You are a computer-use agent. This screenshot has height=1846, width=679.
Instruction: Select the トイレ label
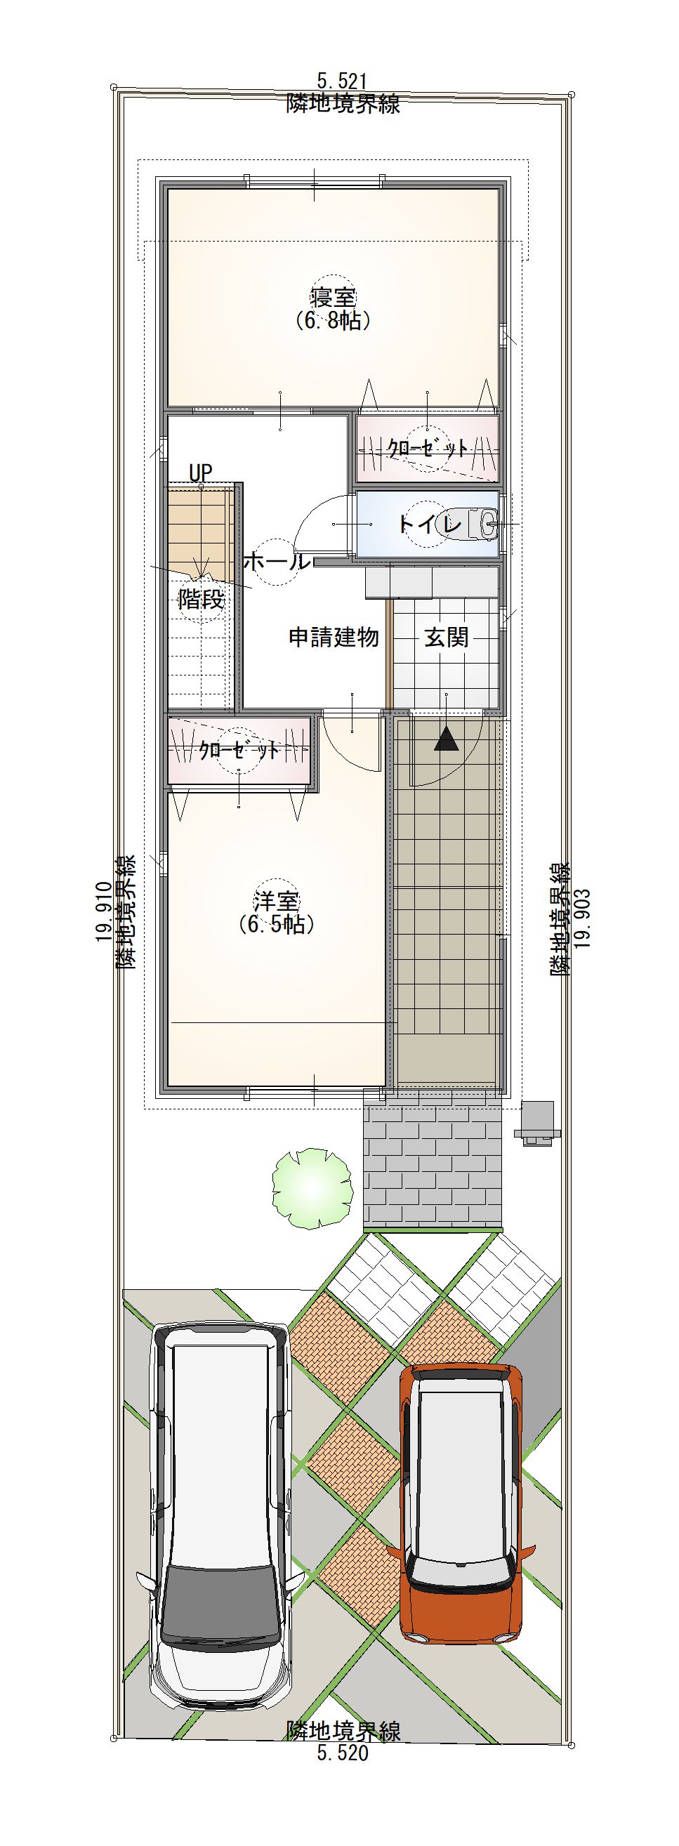(x=430, y=525)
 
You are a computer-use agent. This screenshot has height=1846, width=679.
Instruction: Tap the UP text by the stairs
(x=201, y=473)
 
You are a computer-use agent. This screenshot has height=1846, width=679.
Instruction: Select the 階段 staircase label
(x=202, y=598)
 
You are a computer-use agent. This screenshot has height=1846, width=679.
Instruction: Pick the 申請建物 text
(x=333, y=636)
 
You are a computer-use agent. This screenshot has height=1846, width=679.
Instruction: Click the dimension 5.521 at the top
(x=343, y=80)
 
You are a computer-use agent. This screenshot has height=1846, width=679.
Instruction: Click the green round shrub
(x=312, y=1189)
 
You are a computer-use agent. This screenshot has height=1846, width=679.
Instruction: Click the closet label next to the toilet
(x=428, y=449)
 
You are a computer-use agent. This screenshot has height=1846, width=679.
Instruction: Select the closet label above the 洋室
(x=239, y=751)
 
